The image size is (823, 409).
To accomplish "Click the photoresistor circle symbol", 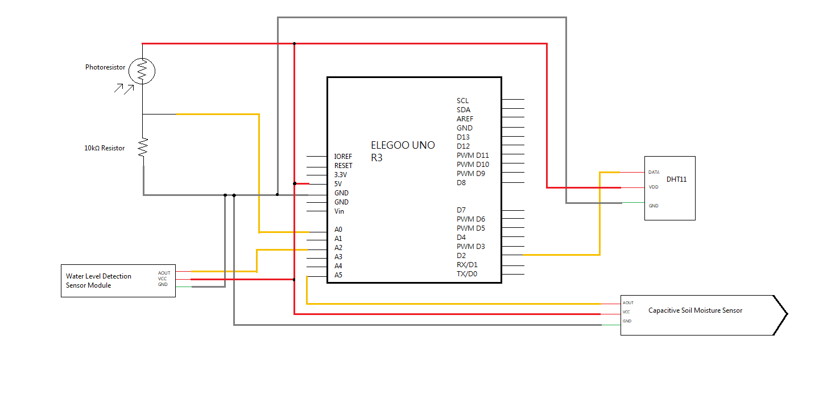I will coord(142,71).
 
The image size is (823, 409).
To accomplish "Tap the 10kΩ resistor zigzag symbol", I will coord(143,148).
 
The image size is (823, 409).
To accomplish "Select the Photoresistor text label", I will coord(105,67).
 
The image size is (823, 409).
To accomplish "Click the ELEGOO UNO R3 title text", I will coord(403,151).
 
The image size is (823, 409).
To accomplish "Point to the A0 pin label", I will coord(338,230).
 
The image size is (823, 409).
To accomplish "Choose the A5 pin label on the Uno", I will coord(338,275).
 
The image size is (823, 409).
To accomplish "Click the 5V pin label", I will coord(338,184).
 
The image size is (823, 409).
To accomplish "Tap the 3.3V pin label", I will coord(340,175).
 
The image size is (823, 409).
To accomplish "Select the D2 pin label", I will coord(461,256).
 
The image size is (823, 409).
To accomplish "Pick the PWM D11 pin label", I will coord(472,156).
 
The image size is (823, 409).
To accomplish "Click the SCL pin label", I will coord(462,101).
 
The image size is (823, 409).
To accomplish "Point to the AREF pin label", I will coord(465,119).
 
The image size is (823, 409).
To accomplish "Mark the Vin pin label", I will coord(339,211).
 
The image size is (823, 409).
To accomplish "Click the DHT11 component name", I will coord(677,179).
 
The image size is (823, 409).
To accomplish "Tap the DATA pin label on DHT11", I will coord(654,172).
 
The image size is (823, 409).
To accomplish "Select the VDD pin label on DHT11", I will coord(653,187).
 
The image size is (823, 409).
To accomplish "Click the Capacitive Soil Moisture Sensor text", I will coord(695,310).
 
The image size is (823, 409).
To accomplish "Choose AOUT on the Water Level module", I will coord(164,273).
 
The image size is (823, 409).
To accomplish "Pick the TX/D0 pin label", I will coord(467,274).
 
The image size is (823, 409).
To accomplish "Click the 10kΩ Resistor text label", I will coord(105,148).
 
